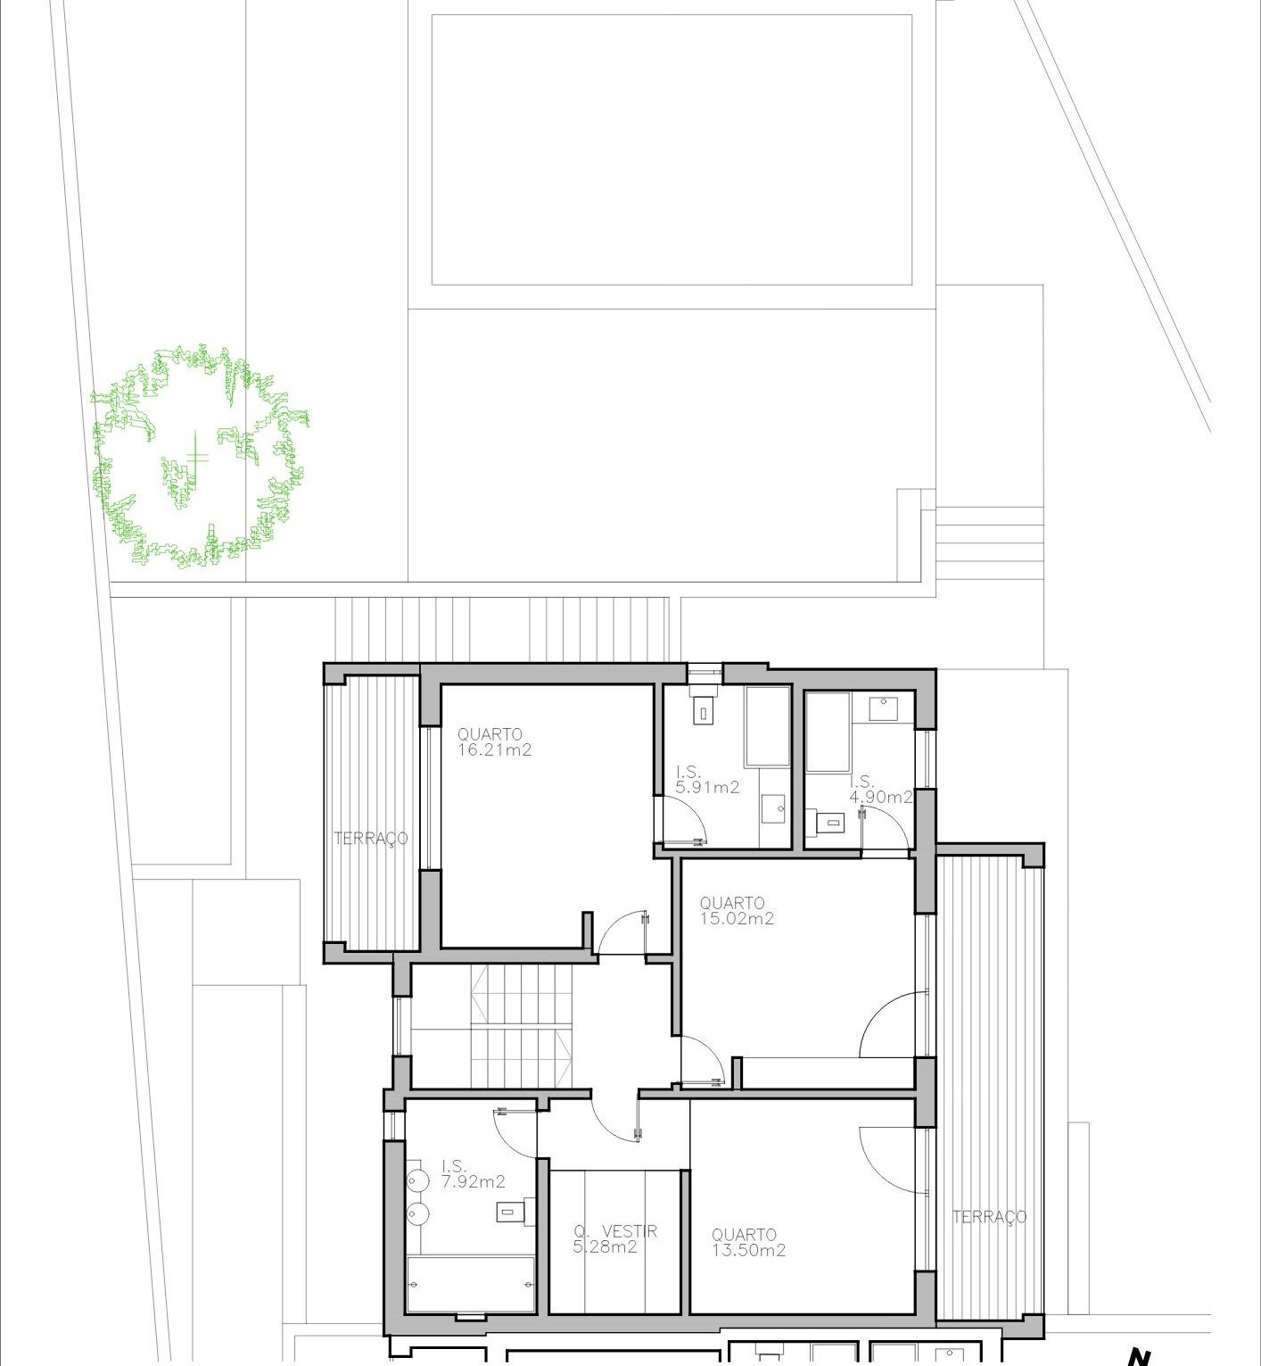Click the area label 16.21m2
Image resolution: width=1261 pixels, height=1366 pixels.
coord(494,750)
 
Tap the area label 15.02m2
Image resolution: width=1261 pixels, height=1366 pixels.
coord(737,919)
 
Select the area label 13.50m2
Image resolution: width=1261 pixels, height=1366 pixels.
coord(748,1251)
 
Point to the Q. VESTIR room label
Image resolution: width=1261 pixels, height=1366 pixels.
coord(615,1231)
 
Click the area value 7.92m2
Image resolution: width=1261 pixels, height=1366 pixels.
coord(473,1182)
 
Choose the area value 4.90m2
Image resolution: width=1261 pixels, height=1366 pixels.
coord(880,797)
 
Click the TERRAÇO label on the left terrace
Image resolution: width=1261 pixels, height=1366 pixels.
coord(371,839)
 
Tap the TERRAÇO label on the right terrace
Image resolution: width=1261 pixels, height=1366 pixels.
coord(989,1217)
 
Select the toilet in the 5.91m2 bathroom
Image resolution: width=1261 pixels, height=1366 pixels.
coord(705,710)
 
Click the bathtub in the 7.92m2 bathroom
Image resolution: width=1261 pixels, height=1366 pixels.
coord(471,1284)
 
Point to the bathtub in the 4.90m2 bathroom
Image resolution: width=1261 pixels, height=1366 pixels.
coord(828,732)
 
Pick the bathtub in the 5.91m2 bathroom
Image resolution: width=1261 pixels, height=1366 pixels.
coord(768,726)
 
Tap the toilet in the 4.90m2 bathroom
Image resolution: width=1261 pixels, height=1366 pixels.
coord(828,820)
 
